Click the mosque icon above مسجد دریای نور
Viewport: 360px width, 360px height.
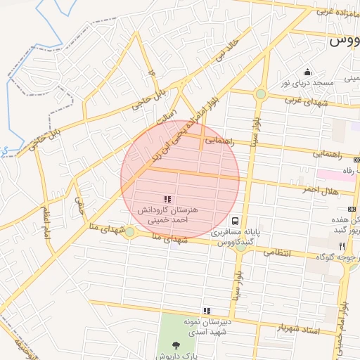[x=307, y=72]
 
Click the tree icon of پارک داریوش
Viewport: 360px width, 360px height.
[x=175, y=345]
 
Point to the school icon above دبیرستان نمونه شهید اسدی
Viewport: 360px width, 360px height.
[x=207, y=311]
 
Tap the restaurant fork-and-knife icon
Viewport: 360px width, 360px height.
[x=342, y=246]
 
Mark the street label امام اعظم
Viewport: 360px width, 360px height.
[x=46, y=222]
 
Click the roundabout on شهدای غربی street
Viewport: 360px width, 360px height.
[x=261, y=94]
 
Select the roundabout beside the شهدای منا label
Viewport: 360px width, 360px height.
[x=129, y=231]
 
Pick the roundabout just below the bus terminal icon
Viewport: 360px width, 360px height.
[x=241, y=246]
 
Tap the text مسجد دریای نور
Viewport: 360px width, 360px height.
[x=307, y=83]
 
